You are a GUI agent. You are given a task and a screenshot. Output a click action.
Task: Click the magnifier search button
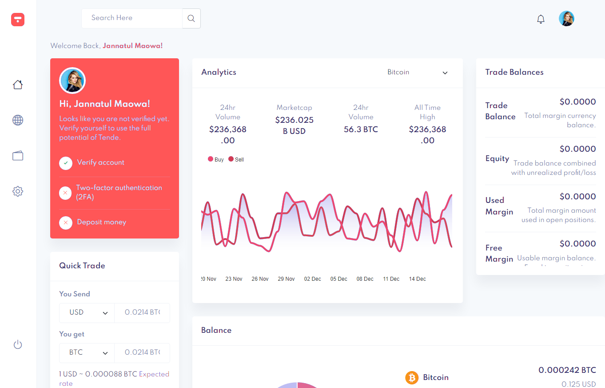191,18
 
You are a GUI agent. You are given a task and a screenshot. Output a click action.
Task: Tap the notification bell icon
541,19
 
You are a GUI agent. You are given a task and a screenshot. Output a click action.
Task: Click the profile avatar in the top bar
566,19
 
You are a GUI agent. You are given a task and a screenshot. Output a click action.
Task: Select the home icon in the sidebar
18,85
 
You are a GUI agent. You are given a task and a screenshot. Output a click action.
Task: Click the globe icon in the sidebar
18,120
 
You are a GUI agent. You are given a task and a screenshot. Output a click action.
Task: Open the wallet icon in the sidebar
18,156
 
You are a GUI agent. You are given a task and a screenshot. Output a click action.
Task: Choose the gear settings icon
18,191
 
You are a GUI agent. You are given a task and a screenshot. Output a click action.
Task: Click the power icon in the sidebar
18,344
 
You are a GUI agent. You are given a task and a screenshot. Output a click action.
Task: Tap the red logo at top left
18,19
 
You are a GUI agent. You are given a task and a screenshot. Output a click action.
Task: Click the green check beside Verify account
66,163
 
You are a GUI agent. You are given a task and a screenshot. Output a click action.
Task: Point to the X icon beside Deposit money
66,222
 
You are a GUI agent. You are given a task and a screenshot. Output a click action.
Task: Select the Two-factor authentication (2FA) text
119,192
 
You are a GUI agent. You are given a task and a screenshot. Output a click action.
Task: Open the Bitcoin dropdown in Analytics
418,73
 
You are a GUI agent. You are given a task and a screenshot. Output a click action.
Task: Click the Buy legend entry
216,159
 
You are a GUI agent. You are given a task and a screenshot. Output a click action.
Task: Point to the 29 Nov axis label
286,279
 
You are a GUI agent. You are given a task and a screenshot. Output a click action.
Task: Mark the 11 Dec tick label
391,279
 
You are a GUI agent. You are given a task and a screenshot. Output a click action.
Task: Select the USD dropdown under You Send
87,312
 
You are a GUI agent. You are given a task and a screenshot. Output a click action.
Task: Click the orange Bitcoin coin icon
412,378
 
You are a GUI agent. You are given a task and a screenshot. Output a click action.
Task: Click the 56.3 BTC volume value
361,129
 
